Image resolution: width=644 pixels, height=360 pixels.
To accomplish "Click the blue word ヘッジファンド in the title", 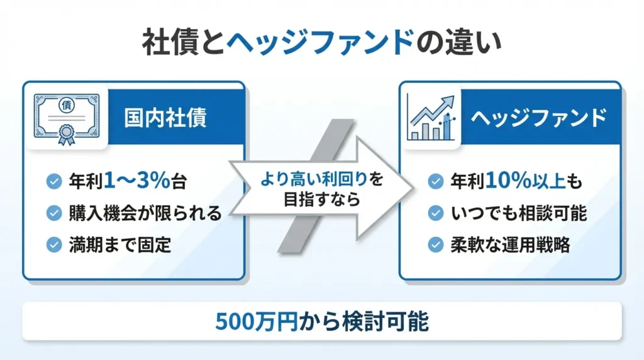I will [321, 44].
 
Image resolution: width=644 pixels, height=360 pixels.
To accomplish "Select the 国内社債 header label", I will [165, 118].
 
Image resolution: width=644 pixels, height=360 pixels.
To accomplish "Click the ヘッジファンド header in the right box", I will [539, 118].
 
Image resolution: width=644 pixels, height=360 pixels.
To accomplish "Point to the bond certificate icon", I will [66, 118].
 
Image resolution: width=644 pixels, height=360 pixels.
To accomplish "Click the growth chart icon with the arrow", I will [431, 118].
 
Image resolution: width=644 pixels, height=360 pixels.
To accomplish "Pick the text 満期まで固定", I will [119, 245].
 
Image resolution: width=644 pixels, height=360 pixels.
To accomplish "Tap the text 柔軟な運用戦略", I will [510, 245].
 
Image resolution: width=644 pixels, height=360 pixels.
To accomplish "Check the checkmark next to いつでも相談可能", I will [435, 213].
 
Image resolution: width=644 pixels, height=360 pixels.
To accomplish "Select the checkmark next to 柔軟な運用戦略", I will [435, 245].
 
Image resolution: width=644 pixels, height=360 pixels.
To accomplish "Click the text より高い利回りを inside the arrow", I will [321, 179].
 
